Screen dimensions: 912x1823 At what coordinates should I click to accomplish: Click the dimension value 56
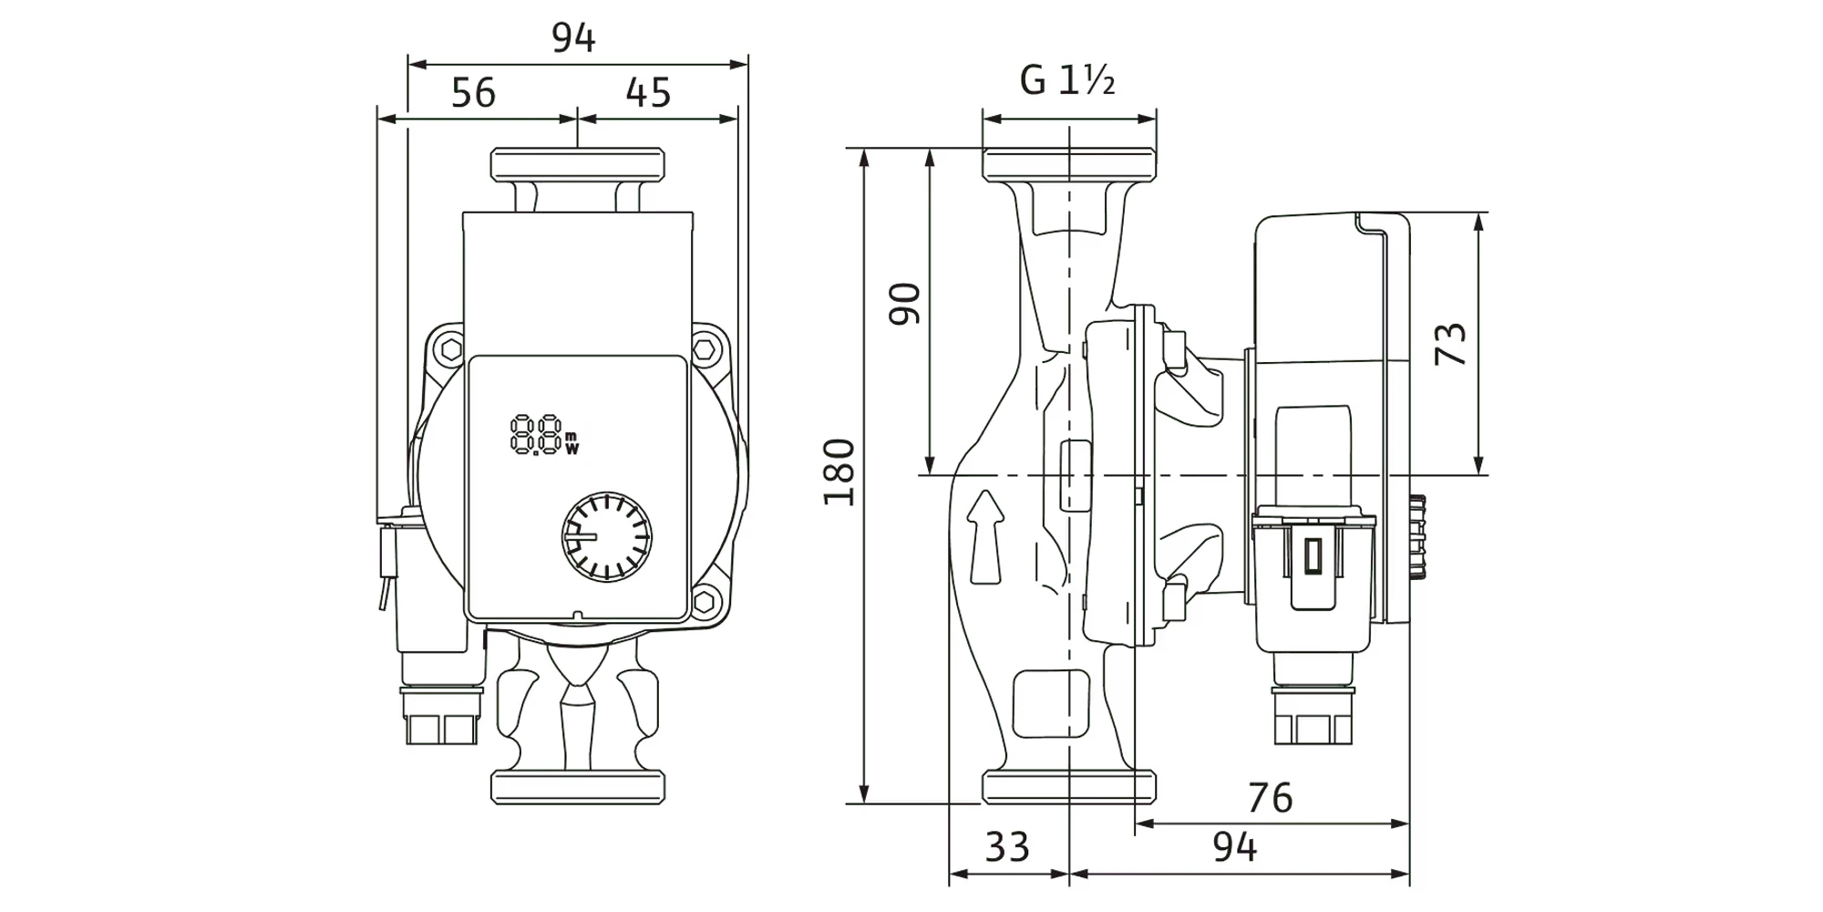(473, 93)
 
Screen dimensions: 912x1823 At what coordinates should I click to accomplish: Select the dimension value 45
(648, 93)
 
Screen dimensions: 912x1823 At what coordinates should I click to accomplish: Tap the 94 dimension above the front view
(573, 38)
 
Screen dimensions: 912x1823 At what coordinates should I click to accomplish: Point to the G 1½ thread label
(1067, 81)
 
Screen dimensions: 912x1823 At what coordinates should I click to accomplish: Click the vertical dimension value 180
(839, 472)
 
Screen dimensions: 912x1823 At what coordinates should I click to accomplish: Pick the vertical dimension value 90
(905, 305)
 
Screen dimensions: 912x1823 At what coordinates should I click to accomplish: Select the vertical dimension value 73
(1450, 344)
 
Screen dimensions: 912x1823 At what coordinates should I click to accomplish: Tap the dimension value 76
(1270, 799)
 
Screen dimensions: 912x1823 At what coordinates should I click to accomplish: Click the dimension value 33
(1007, 847)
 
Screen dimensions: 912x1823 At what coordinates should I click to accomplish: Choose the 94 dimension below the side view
(1234, 847)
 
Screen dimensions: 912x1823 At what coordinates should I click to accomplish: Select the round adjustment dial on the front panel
(606, 537)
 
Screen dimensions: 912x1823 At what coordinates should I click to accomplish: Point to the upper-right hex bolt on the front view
(704, 349)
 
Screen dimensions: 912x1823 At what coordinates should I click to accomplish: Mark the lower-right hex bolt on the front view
(704, 602)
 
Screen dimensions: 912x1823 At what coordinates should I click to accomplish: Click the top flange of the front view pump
(577, 164)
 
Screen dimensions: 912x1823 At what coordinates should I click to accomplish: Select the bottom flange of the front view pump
(577, 787)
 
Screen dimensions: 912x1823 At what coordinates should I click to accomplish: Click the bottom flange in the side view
(1068, 787)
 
